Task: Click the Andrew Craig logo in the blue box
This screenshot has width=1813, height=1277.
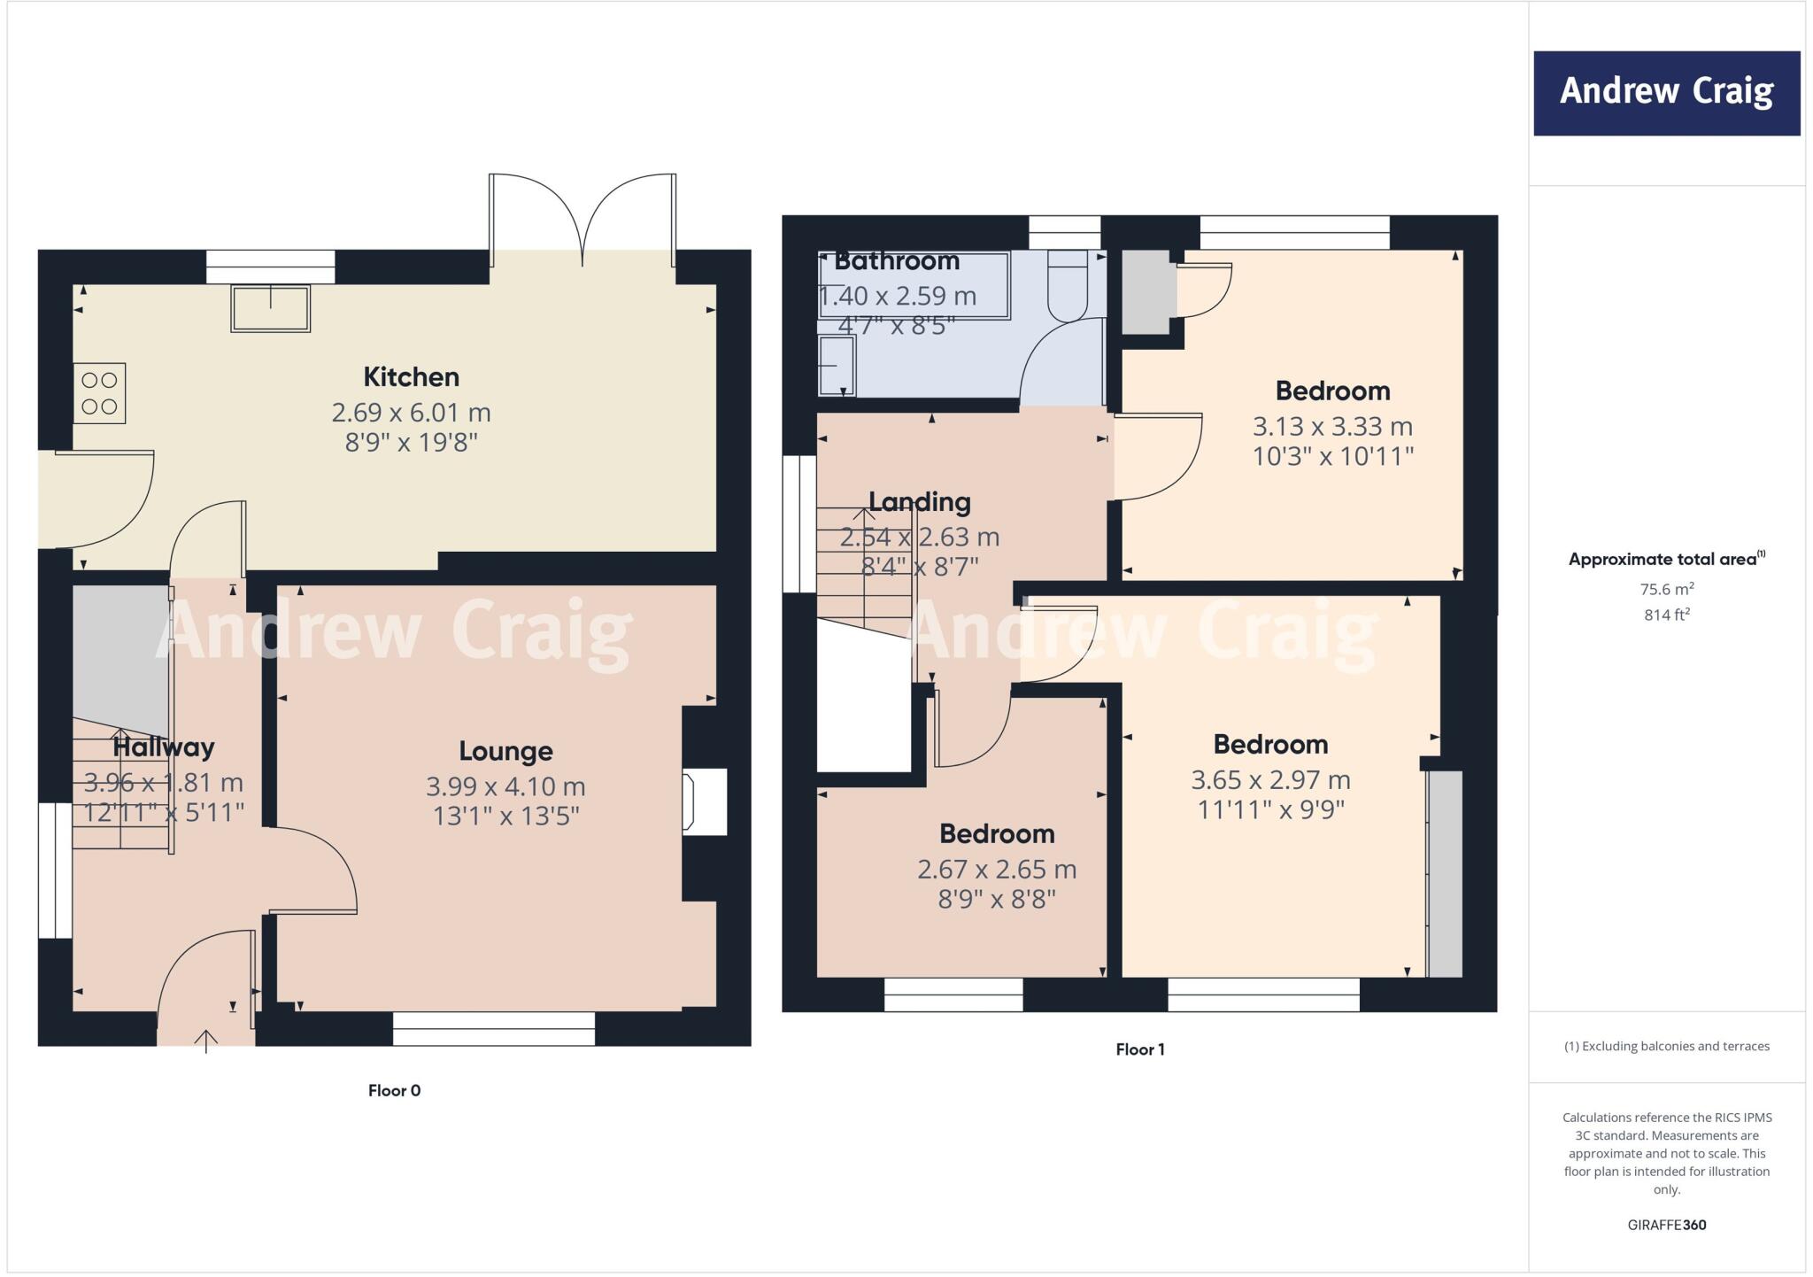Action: pyautogui.click(x=1666, y=92)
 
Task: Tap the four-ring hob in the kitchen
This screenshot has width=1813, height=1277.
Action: pyautogui.click(x=99, y=393)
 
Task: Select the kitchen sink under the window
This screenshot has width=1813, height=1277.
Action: pyautogui.click(x=271, y=308)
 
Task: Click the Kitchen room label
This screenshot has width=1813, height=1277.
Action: pyautogui.click(x=411, y=377)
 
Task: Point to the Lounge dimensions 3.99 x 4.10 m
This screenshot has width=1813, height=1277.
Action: pyautogui.click(x=505, y=786)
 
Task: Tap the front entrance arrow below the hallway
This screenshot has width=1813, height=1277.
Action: pyautogui.click(x=206, y=1041)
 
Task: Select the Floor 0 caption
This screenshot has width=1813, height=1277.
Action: pyautogui.click(x=394, y=1091)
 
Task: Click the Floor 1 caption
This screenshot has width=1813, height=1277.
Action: pyautogui.click(x=1140, y=1050)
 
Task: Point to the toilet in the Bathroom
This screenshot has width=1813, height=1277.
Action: pyautogui.click(x=1068, y=285)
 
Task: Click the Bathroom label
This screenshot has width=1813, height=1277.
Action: pyautogui.click(x=897, y=261)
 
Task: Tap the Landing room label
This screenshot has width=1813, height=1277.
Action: pyautogui.click(x=920, y=502)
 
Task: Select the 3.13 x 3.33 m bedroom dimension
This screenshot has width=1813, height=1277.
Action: pyautogui.click(x=1332, y=427)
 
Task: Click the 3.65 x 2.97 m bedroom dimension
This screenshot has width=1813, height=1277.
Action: pyautogui.click(x=1270, y=780)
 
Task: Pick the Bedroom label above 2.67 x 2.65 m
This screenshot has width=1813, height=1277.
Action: pyautogui.click(x=997, y=834)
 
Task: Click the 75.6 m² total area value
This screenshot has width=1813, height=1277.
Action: pyautogui.click(x=1666, y=590)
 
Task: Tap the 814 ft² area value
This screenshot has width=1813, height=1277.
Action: pyautogui.click(x=1666, y=615)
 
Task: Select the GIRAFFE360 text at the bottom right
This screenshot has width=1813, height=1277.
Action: pyautogui.click(x=1666, y=1226)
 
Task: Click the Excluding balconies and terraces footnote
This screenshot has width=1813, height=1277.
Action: pyautogui.click(x=1666, y=1047)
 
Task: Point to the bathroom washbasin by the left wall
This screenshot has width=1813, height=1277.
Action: pyautogui.click(x=836, y=365)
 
